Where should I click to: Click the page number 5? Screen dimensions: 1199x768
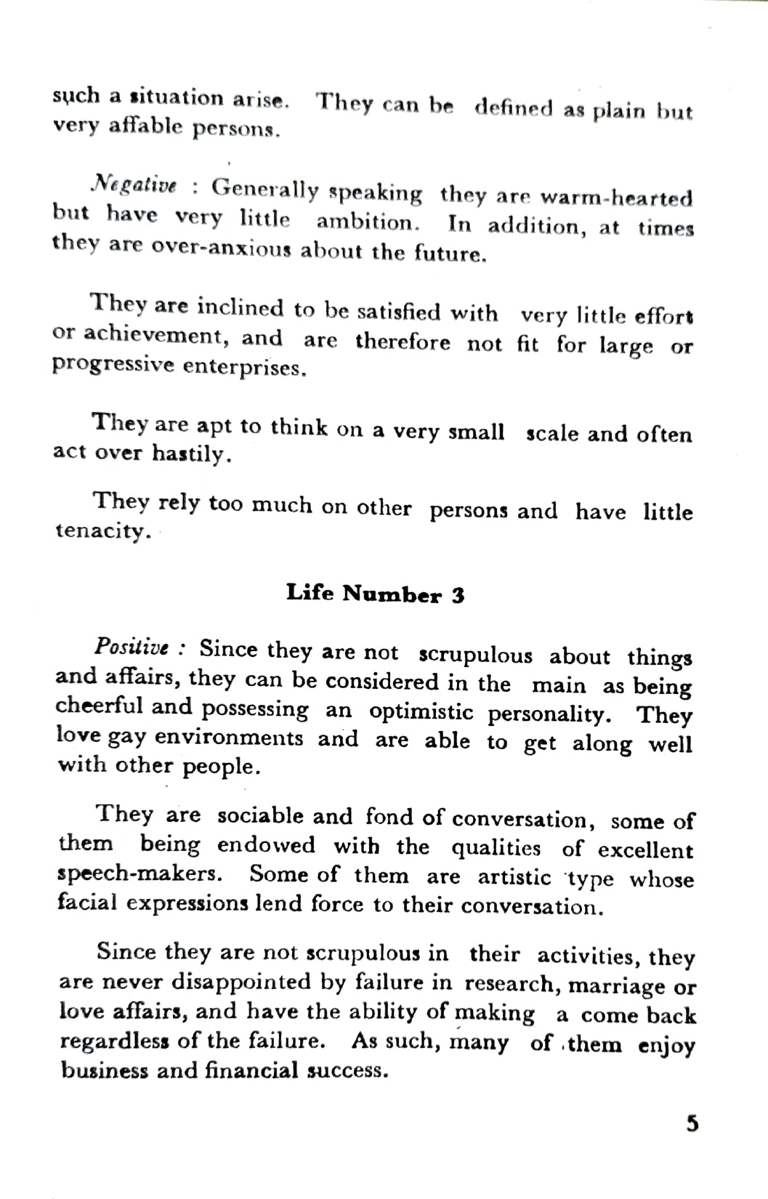coord(692,1124)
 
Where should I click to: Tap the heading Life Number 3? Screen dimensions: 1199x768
coord(375,594)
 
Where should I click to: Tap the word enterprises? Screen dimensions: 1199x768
coord(244,367)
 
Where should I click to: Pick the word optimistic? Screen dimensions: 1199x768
coord(421,712)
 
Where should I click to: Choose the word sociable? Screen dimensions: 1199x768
coord(260,815)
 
